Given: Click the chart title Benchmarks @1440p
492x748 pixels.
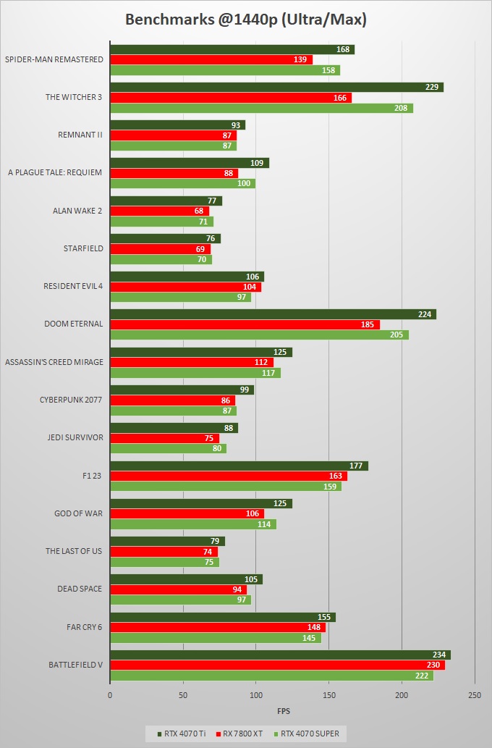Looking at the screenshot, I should click(245, 20).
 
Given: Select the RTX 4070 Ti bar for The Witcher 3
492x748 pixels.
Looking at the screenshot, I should click(276, 87).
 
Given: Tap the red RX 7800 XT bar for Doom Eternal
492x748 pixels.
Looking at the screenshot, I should click(245, 324).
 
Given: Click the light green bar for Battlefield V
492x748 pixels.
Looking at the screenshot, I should click(271, 675).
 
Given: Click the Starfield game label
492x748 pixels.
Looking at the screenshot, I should click(84, 248).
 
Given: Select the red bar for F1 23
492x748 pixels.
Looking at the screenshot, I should click(228, 476).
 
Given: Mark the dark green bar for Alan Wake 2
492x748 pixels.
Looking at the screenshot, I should click(166, 201).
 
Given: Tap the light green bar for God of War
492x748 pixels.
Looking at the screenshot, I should click(192, 524).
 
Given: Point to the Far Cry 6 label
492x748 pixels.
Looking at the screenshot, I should click(84, 626).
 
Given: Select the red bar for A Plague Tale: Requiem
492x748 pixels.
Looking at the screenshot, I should click(174, 173).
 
